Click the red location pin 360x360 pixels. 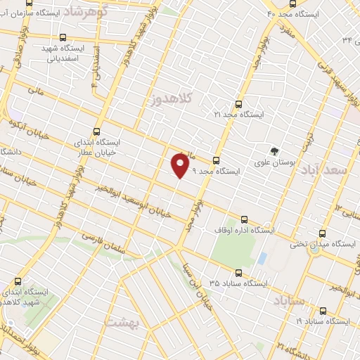pyautogui.click(x=181, y=165)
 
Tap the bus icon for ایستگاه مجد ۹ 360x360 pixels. pyautogui.click(x=216, y=160)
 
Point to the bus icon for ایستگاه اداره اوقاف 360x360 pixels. pyautogui.click(x=244, y=219)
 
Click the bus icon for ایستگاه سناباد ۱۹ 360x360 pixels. pyautogui.click(x=323, y=310)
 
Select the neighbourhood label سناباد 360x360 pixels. pyautogui.click(x=288, y=301)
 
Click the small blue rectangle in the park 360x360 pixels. pyautogui.click(x=262, y=259)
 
